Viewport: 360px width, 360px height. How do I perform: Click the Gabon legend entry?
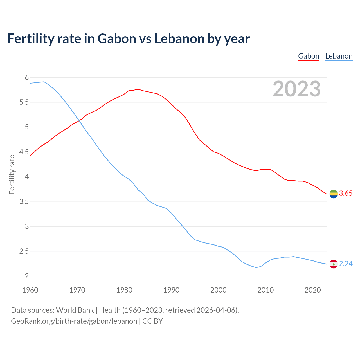[x=309, y=56]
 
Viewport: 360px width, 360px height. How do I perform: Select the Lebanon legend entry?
[x=339, y=56]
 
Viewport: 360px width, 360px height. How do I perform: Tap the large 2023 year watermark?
[x=296, y=89]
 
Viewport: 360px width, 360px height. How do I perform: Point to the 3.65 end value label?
[x=346, y=193]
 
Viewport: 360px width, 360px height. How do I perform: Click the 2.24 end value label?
[x=346, y=264]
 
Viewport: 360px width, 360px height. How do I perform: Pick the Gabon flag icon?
[x=334, y=194]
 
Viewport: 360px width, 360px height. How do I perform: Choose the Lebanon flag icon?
[x=334, y=264]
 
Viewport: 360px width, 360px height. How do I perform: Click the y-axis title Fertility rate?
[x=12, y=174]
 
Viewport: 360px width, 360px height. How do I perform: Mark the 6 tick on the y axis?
[x=27, y=77]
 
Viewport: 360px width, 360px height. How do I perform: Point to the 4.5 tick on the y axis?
[x=24, y=152]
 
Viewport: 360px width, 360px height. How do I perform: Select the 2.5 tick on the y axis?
[x=24, y=251]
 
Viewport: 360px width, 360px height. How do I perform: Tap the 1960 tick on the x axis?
[x=30, y=290]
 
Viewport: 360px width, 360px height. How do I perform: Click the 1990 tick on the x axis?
[x=171, y=290]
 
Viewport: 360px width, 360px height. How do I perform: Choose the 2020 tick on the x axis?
[x=312, y=290]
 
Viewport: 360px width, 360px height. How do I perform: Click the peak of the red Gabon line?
[x=138, y=89]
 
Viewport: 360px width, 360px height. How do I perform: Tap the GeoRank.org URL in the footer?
[x=74, y=321]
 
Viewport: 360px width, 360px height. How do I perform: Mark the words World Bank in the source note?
[x=75, y=310]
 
